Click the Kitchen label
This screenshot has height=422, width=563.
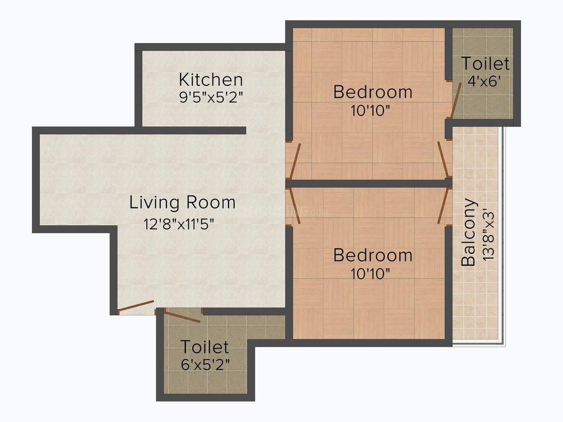(211, 80)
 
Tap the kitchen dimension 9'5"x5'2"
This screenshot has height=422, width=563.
(211, 97)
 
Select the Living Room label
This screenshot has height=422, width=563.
(182, 202)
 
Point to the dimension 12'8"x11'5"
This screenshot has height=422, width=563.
(179, 224)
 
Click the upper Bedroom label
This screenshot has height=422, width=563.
(373, 92)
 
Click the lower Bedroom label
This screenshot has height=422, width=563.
(373, 256)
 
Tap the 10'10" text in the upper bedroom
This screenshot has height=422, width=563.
(370, 111)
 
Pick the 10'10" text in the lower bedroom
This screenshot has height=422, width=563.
(370, 274)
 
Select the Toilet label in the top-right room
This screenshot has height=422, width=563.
(485, 64)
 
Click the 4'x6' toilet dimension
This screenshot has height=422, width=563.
(484, 81)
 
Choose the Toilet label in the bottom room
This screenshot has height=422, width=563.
(204, 347)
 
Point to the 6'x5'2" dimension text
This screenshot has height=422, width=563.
(205, 365)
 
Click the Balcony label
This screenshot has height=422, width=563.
(468, 232)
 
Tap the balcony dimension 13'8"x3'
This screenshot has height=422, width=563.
(489, 237)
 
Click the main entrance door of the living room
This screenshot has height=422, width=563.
(136, 306)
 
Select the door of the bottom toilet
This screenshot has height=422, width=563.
(182, 316)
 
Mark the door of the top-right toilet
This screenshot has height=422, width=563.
(456, 100)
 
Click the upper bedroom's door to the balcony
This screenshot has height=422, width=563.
(443, 159)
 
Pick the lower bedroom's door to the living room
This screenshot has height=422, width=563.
(295, 207)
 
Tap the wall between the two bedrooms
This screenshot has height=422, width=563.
(369, 184)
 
